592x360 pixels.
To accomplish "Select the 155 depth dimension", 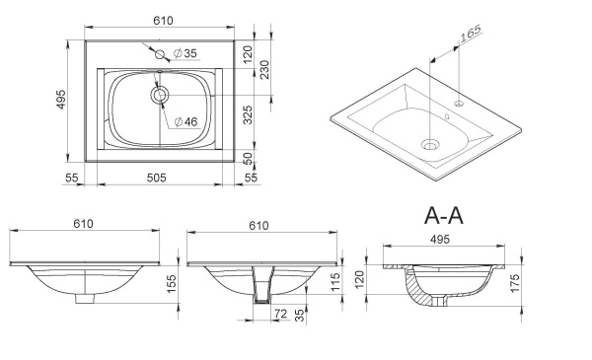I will click(171, 283).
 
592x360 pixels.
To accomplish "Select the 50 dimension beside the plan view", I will click(248, 159).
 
